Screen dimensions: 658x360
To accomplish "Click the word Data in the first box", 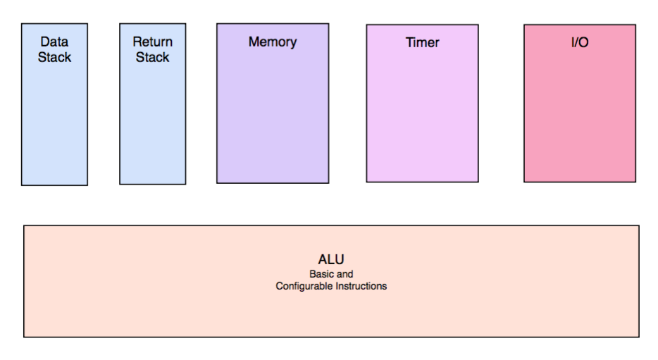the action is pos(54,42).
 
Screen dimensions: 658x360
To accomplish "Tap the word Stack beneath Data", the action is pos(54,57).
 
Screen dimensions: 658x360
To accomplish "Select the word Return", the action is pos(153,42).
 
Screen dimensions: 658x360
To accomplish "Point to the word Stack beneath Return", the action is pos(153,57).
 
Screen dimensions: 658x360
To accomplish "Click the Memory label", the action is pos(273,42).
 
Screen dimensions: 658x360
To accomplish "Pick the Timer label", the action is pos(422,42).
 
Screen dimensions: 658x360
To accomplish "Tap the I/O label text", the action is pos(580,42).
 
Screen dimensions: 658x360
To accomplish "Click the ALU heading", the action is pos(331,259).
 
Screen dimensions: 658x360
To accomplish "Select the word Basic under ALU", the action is pos(322,274).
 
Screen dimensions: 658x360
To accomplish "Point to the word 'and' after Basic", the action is pos(345,274).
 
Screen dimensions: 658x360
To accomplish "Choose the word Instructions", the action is pos(361,286).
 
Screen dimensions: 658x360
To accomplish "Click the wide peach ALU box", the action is pos(332,311).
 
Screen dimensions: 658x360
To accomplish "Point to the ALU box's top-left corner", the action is pos(24,225).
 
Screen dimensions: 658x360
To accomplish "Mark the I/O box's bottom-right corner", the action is pos(635,182).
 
